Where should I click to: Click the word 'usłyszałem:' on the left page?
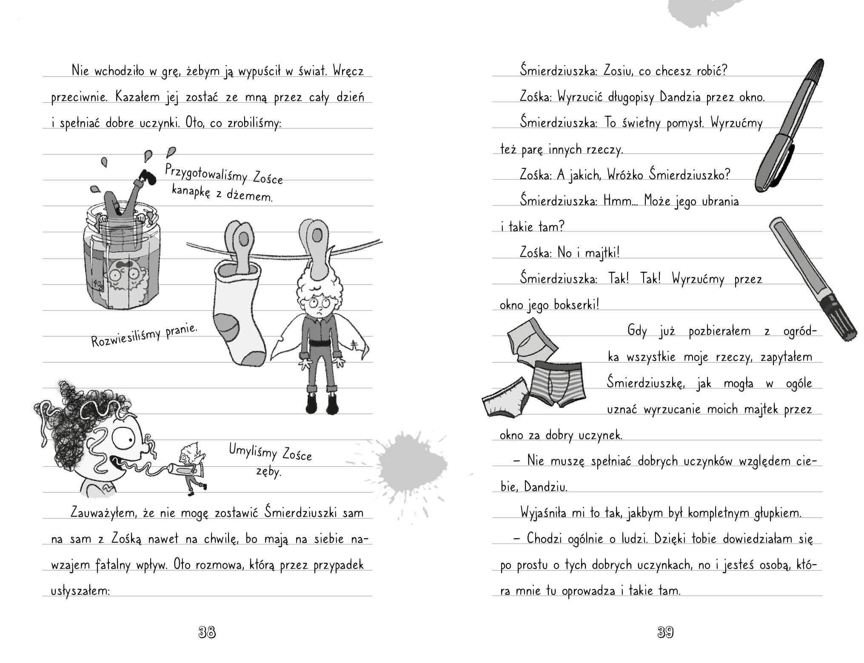coord(80,591)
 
